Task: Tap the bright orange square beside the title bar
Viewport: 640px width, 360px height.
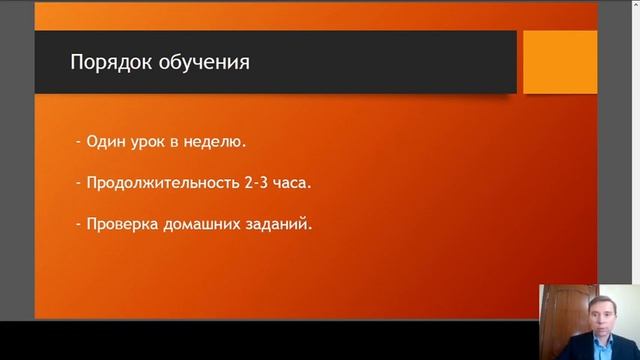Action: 560,62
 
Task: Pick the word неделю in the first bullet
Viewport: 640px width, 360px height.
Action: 217,142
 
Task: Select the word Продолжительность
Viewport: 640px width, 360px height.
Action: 160,183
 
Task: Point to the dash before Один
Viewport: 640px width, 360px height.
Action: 78,142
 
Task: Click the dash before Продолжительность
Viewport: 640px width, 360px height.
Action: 78,183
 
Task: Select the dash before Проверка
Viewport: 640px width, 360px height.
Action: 78,224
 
